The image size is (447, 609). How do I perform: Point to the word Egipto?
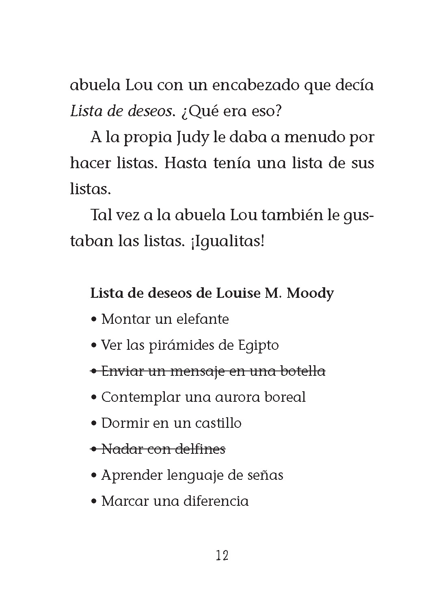click(258, 346)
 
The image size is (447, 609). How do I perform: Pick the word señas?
click(265, 475)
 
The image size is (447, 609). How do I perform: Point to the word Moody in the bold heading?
click(310, 293)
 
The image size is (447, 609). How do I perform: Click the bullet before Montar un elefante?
click(94, 320)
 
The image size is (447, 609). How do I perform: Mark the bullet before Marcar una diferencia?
click(94, 502)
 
